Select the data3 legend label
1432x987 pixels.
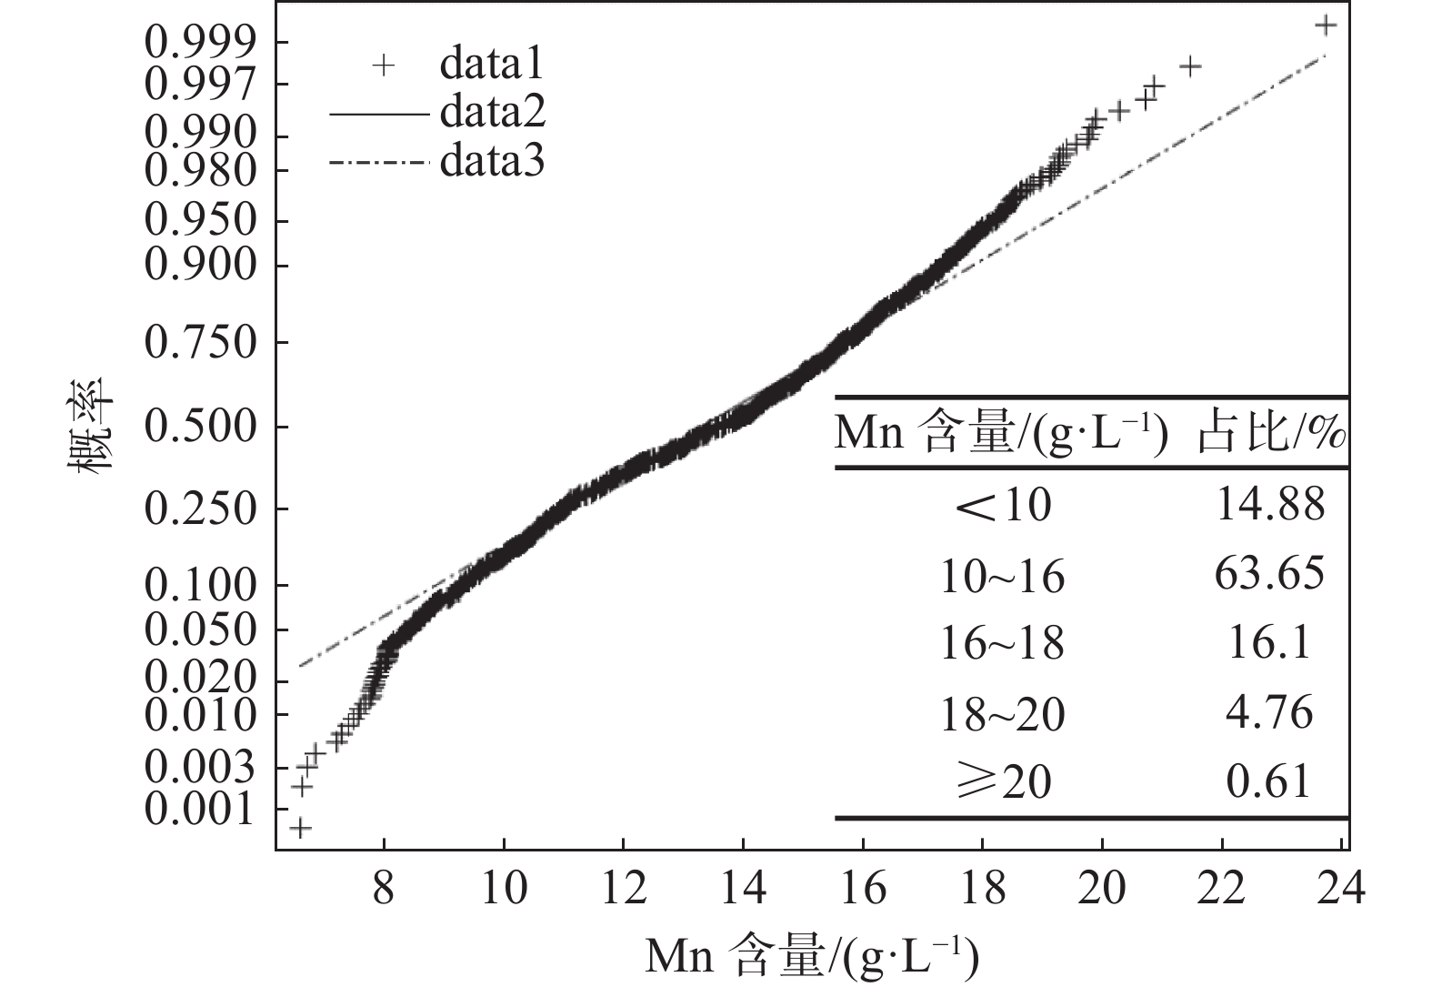492,162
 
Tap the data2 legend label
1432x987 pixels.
492,114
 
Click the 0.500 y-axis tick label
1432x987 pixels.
200,427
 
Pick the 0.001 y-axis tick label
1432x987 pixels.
200,809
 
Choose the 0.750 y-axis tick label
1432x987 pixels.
200,343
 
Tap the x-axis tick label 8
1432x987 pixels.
384,888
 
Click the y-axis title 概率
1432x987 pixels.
91,426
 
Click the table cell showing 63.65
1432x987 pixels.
1269,574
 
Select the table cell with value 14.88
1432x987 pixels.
1269,504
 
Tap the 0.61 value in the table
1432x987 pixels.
1269,781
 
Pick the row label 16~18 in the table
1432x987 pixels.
1001,644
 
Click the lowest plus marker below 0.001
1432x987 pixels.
301,828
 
